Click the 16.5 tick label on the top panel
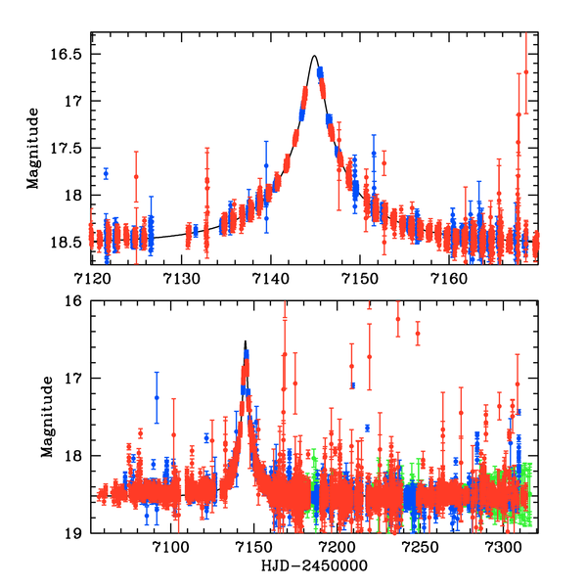point(71,54)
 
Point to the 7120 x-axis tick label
point(91,279)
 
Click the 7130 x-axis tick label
point(180,279)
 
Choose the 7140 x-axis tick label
point(270,279)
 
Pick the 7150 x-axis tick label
point(359,279)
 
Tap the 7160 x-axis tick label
point(449,279)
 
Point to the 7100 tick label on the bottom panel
point(170,546)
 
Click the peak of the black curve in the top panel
point(315,56)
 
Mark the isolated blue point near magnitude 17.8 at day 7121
point(105,173)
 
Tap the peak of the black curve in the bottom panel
point(246,341)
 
